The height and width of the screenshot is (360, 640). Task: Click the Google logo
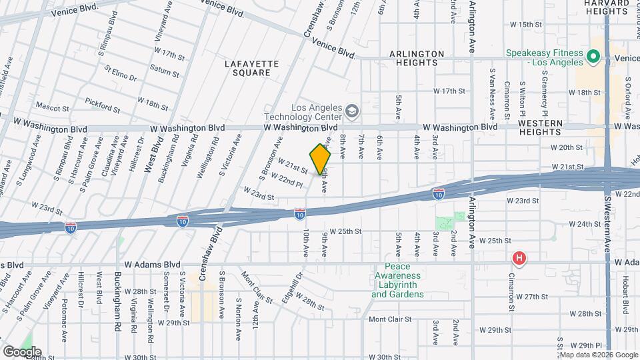coord(22,351)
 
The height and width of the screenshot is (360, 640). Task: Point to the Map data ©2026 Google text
coord(598,355)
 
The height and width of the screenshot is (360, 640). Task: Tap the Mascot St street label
coord(53,107)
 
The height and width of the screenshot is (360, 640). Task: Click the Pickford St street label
coord(102,105)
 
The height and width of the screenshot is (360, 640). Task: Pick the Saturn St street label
coord(161,69)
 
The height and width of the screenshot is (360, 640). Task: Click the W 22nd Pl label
coord(291,180)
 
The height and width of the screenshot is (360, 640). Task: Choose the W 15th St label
coord(527,25)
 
